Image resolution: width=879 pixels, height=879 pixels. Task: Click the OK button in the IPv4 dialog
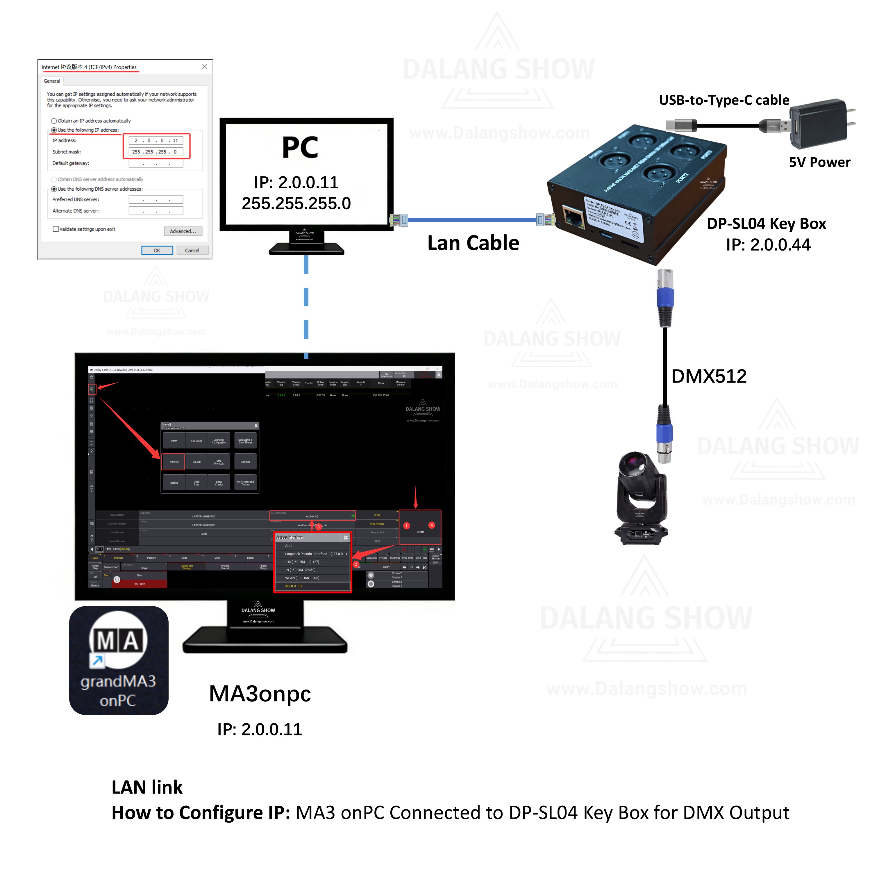pos(157,251)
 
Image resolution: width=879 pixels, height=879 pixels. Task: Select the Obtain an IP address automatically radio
pos(54,121)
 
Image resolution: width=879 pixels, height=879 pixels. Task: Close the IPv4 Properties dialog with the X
pos(204,67)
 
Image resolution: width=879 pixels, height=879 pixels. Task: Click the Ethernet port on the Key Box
pos(574,217)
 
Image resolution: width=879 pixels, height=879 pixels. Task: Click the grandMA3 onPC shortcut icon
pos(119,660)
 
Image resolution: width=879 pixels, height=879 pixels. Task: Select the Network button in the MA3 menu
pos(174,462)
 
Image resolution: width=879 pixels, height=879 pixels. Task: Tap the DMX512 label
pos(709,376)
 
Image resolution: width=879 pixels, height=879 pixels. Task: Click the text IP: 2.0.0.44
pos(768,245)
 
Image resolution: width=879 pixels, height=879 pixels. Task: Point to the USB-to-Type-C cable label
pos(724,100)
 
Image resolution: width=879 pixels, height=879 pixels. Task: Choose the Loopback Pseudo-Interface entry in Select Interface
pos(315,554)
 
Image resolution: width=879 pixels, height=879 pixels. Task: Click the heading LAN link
pos(147,787)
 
